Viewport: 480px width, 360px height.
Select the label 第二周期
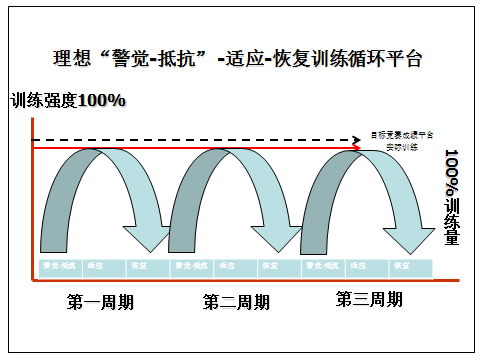[x=236, y=300]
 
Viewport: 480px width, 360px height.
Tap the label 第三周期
[x=369, y=298]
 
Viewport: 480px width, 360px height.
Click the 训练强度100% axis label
[x=69, y=101]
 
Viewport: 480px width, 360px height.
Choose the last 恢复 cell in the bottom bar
[x=403, y=266]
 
